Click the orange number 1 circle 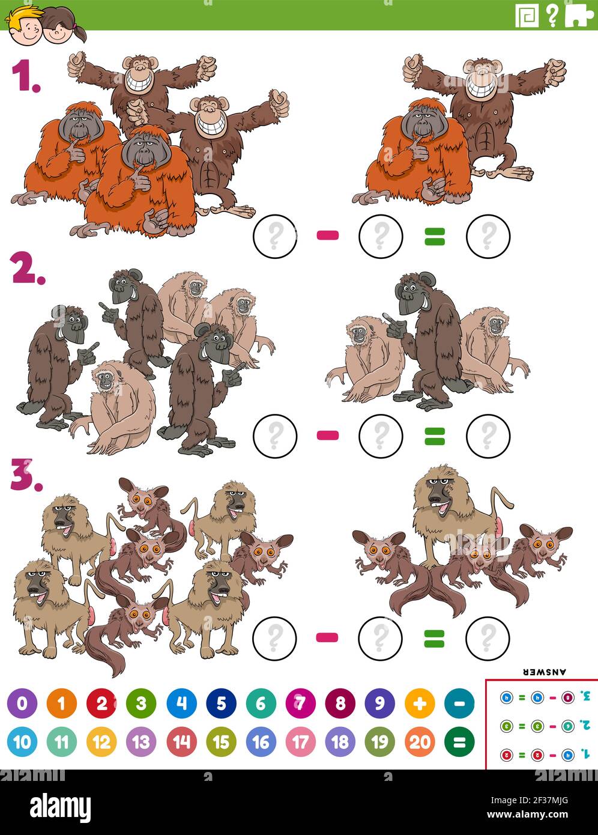(x=62, y=703)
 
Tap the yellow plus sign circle (x=420, y=703)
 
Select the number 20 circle (x=420, y=742)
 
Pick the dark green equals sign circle (x=459, y=742)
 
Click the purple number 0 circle (x=22, y=703)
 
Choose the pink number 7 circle (x=301, y=703)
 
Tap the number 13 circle (x=141, y=742)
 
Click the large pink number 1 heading (x=25, y=77)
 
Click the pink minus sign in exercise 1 (x=328, y=235)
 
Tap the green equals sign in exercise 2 (x=435, y=436)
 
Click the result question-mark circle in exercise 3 (x=488, y=637)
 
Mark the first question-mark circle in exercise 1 (x=275, y=236)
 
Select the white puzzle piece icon (x=579, y=15)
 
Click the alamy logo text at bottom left (x=60, y=806)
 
